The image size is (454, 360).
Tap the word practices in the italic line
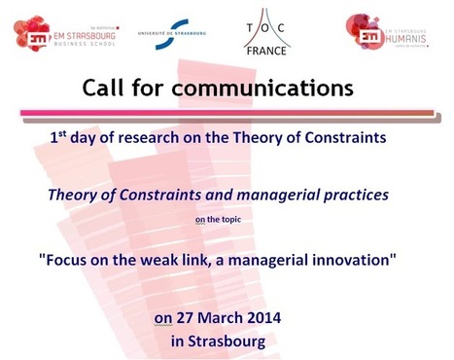click(x=356, y=195)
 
